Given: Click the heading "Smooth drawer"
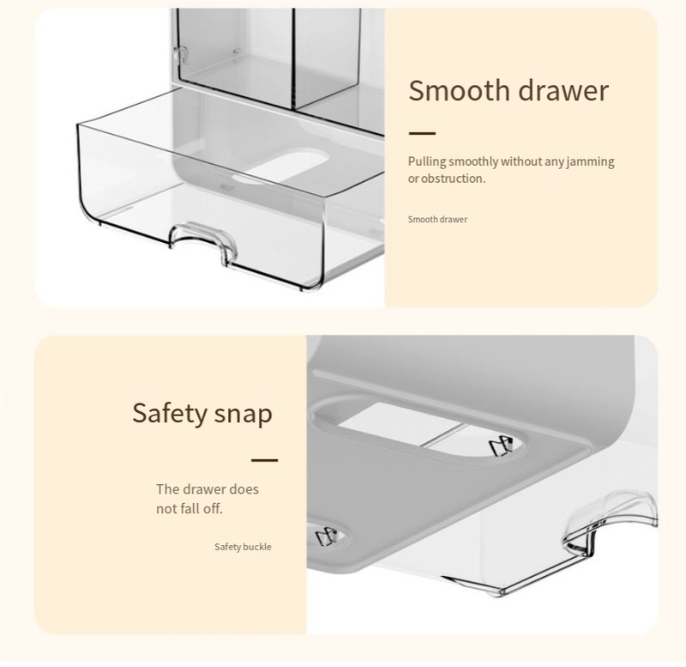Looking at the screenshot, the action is click(508, 91).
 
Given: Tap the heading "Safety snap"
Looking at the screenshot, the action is click(202, 413).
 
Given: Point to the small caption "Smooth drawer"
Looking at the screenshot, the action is click(437, 220).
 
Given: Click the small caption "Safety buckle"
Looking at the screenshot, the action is click(243, 547).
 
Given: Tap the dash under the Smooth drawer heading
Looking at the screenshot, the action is click(422, 133).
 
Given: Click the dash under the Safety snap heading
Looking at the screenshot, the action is click(265, 460).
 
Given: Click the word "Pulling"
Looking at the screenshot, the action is click(427, 161).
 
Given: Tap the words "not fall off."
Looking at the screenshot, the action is click(190, 509).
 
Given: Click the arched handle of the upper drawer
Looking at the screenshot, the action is click(203, 240).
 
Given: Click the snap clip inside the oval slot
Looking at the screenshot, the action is click(500, 446).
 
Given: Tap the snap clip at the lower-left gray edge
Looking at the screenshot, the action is click(327, 536).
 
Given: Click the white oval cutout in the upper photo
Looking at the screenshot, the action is click(280, 167).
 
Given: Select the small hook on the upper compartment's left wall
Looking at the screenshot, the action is click(179, 55).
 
